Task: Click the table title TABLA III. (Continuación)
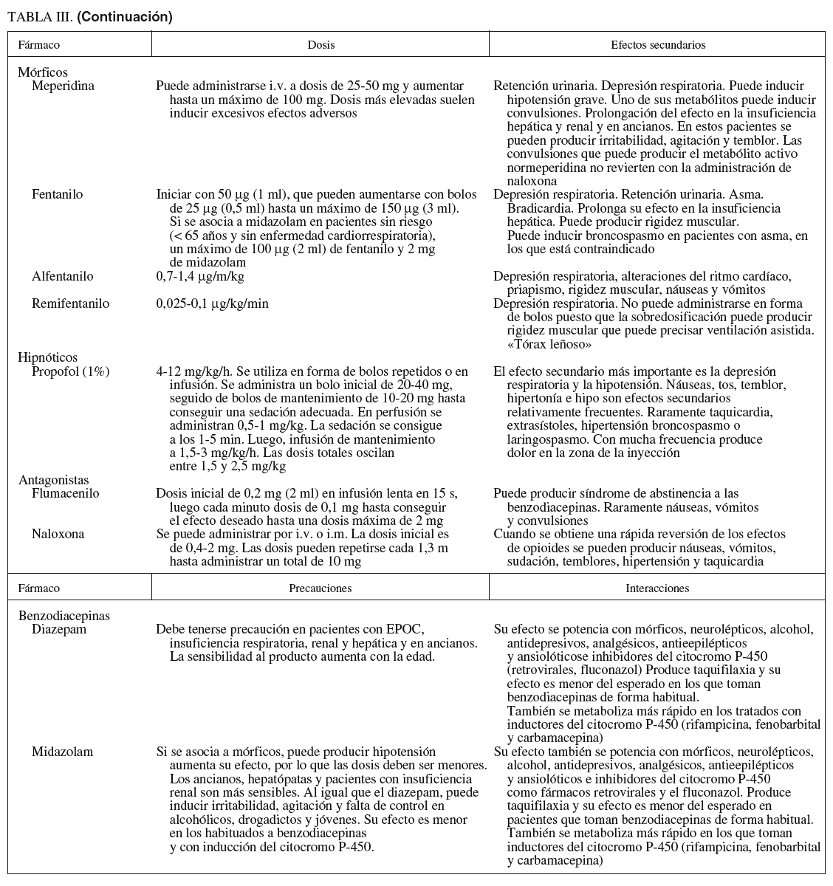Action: click(x=89, y=17)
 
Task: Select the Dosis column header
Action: click(x=320, y=45)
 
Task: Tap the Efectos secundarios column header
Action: click(x=658, y=45)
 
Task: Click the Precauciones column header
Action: click(x=320, y=588)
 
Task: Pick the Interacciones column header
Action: click(x=657, y=588)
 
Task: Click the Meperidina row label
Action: click(x=63, y=86)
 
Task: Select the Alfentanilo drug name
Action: click(x=63, y=277)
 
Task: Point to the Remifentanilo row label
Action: click(x=70, y=303)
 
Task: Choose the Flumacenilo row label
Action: click(x=65, y=493)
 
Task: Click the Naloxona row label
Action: click(x=58, y=534)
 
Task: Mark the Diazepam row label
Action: click(x=59, y=630)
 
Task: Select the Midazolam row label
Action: click(x=62, y=752)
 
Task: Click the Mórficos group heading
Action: click(x=43, y=72)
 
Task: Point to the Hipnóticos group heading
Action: click(x=47, y=358)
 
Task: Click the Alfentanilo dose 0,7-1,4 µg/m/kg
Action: click(x=200, y=277)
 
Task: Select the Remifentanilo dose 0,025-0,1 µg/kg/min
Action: click(x=213, y=303)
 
